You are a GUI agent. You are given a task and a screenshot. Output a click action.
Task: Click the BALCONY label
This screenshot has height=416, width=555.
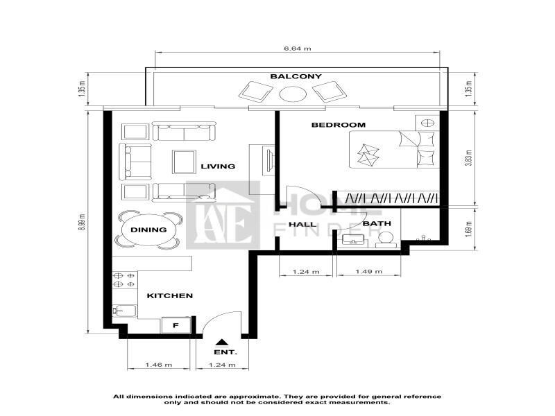coord(296,76)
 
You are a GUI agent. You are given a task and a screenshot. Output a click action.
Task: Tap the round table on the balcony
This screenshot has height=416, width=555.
coord(293,94)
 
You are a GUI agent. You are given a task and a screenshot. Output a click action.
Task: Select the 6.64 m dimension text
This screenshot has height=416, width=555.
coord(298,49)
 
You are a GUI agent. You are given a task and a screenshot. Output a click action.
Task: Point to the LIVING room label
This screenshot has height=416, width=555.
coord(218,166)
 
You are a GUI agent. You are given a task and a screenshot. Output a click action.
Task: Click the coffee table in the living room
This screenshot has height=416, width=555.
coord(184,162)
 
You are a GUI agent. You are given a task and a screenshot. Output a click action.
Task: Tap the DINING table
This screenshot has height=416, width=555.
coord(148,230)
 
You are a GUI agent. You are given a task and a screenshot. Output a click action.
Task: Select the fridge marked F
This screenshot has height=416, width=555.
coord(176,325)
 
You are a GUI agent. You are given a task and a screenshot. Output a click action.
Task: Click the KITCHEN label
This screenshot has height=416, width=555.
coord(170,296)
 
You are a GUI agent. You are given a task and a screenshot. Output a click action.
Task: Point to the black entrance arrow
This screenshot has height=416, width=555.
coord(222,342)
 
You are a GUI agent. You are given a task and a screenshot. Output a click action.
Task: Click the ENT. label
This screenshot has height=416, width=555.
coord(225,352)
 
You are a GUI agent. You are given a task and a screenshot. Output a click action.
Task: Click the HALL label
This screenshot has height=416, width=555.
coord(302,224)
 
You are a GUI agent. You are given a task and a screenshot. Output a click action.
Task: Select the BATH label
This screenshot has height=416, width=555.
coord(377,223)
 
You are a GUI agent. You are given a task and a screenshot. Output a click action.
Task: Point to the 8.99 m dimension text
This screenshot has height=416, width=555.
coord(82,222)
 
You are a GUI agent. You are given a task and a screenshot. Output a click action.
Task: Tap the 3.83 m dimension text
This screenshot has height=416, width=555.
coord(470,158)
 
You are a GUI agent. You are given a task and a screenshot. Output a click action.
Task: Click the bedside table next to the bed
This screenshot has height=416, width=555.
coord(427,123)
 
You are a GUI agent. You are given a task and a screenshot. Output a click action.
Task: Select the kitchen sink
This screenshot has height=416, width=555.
coord(124,310)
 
